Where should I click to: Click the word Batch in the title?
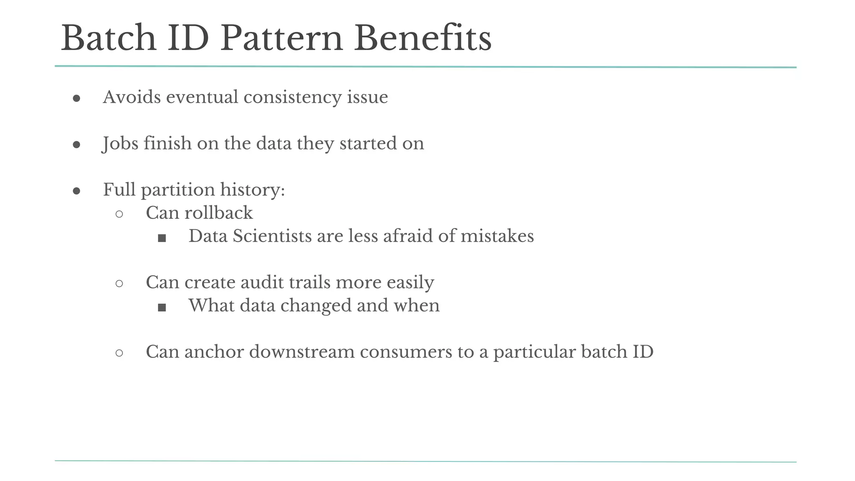pos(109,38)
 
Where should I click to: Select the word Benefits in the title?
pos(422,38)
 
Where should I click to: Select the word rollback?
pos(218,213)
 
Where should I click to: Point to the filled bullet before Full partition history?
pos(76,191)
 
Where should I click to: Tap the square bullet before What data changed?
pos(162,308)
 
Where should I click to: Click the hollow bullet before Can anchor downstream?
pos(119,353)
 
